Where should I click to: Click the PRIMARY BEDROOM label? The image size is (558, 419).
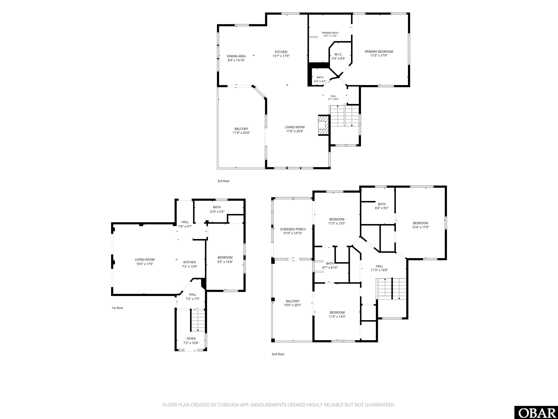click(x=379, y=51)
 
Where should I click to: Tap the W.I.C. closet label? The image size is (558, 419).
click(x=338, y=54)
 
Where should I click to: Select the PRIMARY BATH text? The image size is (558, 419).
click(x=330, y=33)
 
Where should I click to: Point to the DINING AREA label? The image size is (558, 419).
click(x=236, y=56)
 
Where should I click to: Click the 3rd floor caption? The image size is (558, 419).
click(x=223, y=181)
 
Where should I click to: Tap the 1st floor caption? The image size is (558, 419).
click(x=118, y=308)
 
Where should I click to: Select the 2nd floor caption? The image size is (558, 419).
click(x=278, y=354)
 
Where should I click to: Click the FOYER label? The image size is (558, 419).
click(x=191, y=339)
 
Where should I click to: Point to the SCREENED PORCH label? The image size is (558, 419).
click(x=293, y=229)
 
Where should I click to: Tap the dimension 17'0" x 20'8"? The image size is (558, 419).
click(x=295, y=131)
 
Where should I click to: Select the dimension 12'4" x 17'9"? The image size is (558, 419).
click(x=420, y=227)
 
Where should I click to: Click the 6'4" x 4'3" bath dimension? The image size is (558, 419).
click(x=320, y=81)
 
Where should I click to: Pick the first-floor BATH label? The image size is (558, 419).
click(x=217, y=207)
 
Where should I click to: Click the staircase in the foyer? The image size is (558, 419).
click(x=198, y=320)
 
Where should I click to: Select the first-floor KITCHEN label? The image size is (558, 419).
click(x=189, y=262)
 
